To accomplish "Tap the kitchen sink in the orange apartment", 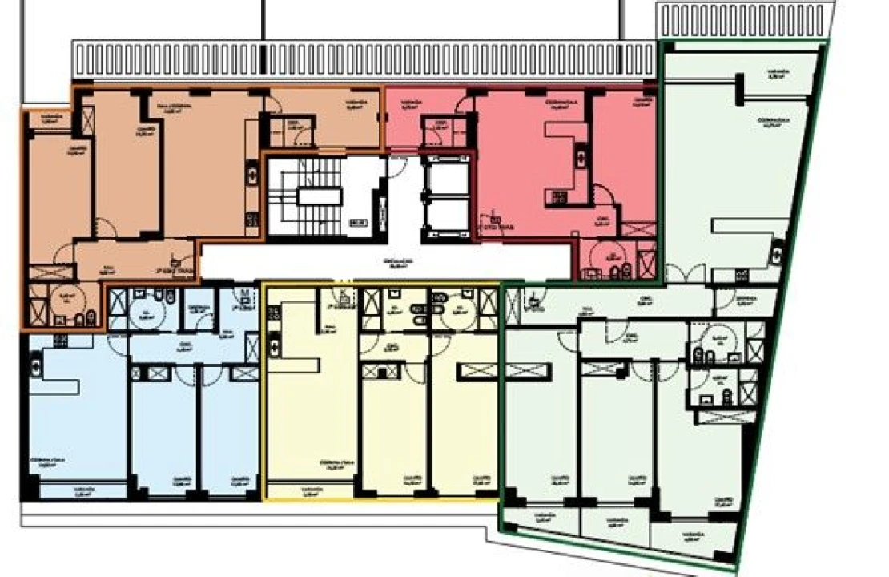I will (x=252, y=173).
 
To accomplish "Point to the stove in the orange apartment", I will (x=252, y=218).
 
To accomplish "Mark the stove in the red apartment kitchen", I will (x=556, y=195).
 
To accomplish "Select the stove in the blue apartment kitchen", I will (x=59, y=341).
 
